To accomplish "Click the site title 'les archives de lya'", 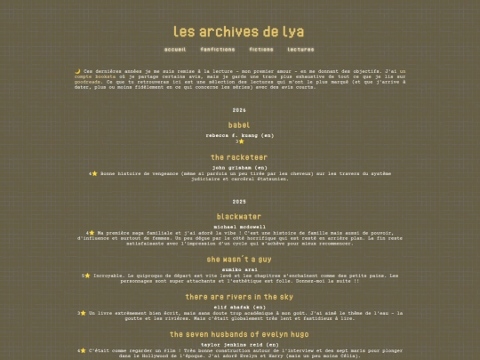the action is point(239,31).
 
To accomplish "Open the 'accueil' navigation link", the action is point(175,50).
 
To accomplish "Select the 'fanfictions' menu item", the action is point(218,50).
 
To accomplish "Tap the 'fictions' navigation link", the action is point(261,50).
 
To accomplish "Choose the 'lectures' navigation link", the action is point(300,50).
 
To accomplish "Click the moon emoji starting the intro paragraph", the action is point(77,71).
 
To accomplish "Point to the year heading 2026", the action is point(239,110).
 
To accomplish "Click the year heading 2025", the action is point(239,202).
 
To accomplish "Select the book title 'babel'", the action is point(239,125).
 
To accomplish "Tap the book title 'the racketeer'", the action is point(239,157).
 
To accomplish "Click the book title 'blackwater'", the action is point(239,217).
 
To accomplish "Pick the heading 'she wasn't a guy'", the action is point(239,260).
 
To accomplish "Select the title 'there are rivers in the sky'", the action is point(239,297).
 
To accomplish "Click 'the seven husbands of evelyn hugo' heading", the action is point(239,334).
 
